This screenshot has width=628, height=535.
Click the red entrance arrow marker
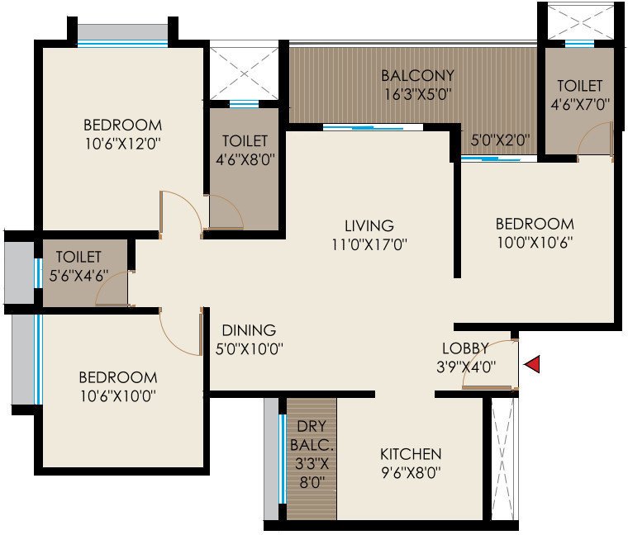tap(533, 364)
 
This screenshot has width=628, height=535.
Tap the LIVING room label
tap(369, 225)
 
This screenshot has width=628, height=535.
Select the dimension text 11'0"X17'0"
tap(369, 244)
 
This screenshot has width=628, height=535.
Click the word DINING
tap(248, 329)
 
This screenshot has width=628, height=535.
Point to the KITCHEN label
tap(411, 454)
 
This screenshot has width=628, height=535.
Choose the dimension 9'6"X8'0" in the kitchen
tap(411, 474)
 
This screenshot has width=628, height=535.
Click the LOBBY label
tap(465, 348)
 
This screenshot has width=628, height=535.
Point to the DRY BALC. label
tap(312, 437)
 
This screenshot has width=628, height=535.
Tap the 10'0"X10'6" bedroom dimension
tap(535, 243)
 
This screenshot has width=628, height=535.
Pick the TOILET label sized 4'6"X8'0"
tap(245, 141)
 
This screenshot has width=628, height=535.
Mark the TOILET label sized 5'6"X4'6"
tap(78, 258)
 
